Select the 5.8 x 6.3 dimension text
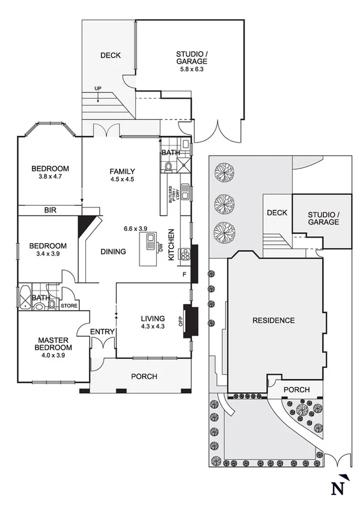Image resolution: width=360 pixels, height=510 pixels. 191,69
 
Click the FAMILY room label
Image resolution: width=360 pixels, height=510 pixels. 122,171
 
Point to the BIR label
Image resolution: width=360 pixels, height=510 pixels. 50,210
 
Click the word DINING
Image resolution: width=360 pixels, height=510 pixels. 113,251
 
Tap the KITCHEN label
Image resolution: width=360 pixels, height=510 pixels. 171,244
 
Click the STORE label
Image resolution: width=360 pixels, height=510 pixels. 69,306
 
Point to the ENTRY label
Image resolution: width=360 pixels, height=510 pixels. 102,332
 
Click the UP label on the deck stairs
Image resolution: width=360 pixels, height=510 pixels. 97,89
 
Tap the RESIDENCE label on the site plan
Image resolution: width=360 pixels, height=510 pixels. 273,321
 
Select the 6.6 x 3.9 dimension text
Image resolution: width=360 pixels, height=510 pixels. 135,229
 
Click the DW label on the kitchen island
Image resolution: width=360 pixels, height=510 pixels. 160,247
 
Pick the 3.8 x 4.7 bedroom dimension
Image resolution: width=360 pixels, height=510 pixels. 50,177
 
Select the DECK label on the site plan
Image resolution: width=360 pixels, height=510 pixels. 277,213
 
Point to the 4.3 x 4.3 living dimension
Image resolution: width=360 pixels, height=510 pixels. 152,327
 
